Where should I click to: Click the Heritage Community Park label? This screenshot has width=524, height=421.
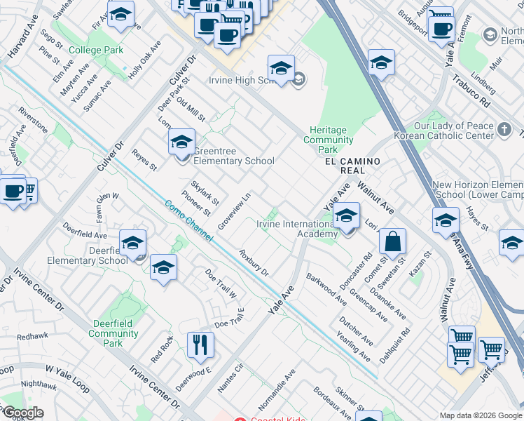click(328, 140)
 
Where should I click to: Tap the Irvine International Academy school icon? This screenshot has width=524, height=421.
click(346, 217)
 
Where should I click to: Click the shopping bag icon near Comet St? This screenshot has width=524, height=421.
click(393, 241)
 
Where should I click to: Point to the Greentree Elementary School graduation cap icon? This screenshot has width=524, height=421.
click(181, 142)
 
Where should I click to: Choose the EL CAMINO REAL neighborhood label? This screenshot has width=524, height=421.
click(352, 166)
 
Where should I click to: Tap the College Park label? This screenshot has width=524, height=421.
click(97, 50)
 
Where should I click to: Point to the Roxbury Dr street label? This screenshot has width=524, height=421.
click(254, 263)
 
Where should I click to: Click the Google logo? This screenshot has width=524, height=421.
click(22, 413)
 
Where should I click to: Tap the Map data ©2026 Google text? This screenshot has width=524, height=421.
click(481, 415)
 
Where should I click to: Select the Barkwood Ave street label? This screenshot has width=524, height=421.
click(326, 290)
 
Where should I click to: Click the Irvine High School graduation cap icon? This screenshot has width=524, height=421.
click(281, 68)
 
